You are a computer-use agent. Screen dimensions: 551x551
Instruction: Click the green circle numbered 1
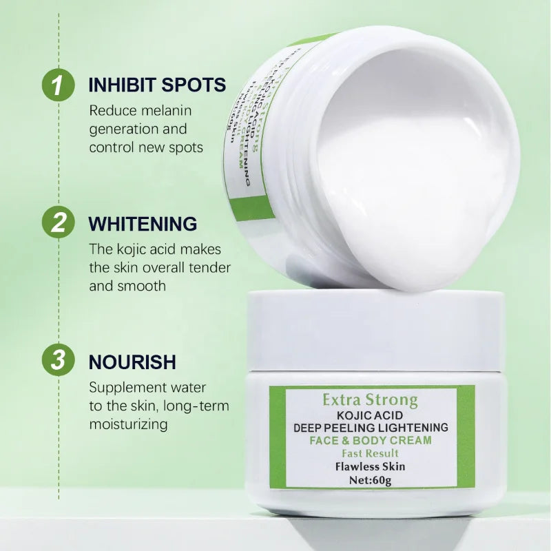click(59, 85)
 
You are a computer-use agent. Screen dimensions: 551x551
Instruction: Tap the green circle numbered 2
click(59, 223)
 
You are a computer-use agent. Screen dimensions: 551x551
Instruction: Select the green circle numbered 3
click(59, 361)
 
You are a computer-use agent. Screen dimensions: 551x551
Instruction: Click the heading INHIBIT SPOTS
click(157, 85)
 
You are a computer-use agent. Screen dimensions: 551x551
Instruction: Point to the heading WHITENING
click(143, 224)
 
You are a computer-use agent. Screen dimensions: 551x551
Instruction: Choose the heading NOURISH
click(132, 362)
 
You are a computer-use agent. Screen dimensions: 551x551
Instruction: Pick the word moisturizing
click(128, 424)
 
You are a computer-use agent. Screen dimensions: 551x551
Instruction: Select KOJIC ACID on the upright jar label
click(370, 415)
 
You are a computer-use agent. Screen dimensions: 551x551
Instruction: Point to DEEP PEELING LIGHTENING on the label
click(371, 427)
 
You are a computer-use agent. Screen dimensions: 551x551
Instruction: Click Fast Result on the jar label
click(371, 453)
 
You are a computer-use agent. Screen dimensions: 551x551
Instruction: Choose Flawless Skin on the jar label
click(371, 466)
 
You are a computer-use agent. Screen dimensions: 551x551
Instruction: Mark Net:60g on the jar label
click(371, 480)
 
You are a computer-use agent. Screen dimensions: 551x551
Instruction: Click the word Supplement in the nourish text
click(127, 388)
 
